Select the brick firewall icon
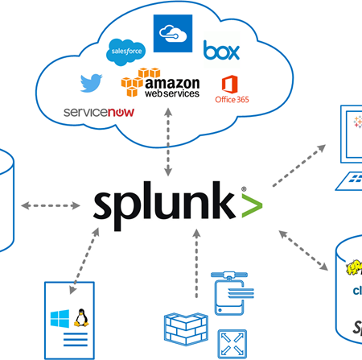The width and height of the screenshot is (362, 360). point(178,327)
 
